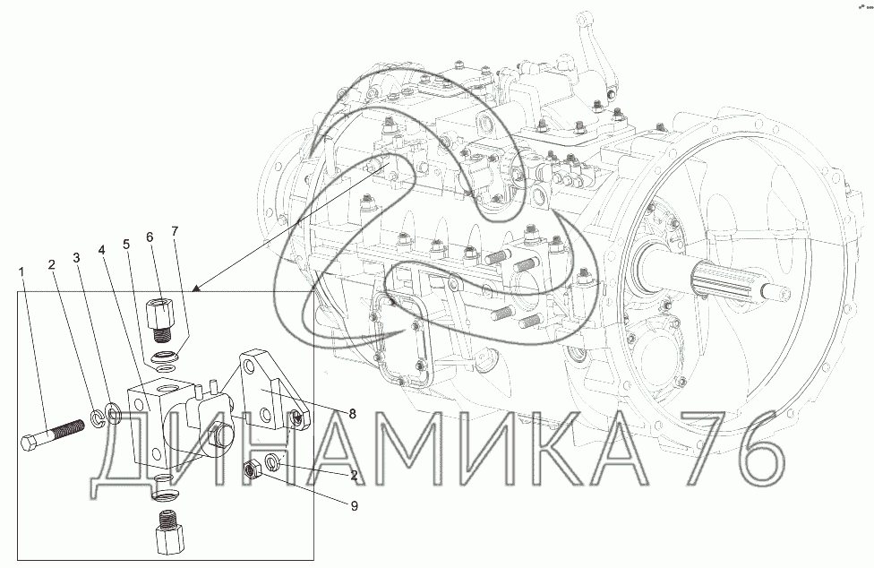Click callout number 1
(x=21, y=271)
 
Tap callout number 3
(x=76, y=257)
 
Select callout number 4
(x=101, y=249)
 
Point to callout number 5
(x=126, y=245)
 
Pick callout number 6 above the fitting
(x=150, y=237)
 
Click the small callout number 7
(x=175, y=231)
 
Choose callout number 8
(x=352, y=414)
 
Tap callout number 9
(x=354, y=506)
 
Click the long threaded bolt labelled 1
(x=53, y=435)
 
